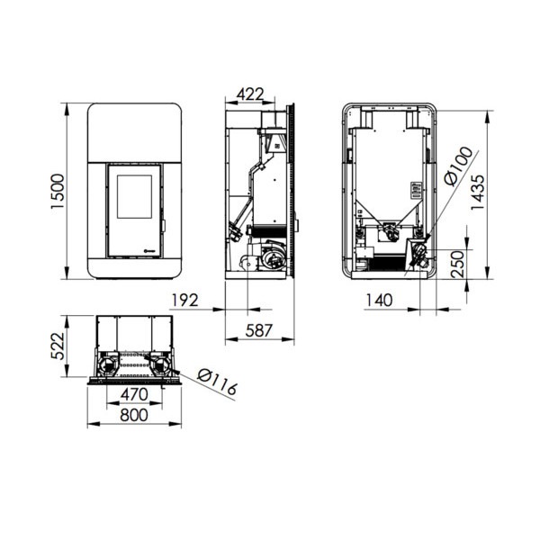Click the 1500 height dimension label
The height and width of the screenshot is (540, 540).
pyautogui.click(x=58, y=191)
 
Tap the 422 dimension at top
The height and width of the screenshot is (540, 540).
pyautogui.click(x=250, y=94)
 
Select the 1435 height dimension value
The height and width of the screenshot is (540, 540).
pyautogui.click(x=478, y=193)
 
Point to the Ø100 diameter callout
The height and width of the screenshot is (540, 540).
pyautogui.click(x=459, y=166)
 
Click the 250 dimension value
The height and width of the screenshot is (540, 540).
pyautogui.click(x=458, y=264)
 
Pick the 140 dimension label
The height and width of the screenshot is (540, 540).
pyautogui.click(x=379, y=301)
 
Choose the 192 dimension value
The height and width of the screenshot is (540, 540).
pyautogui.click(x=184, y=301)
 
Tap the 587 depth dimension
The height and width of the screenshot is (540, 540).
pyautogui.click(x=259, y=330)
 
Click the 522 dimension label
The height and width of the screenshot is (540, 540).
pyautogui.click(x=58, y=346)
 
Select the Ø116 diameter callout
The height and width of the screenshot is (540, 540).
pyautogui.click(x=217, y=382)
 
